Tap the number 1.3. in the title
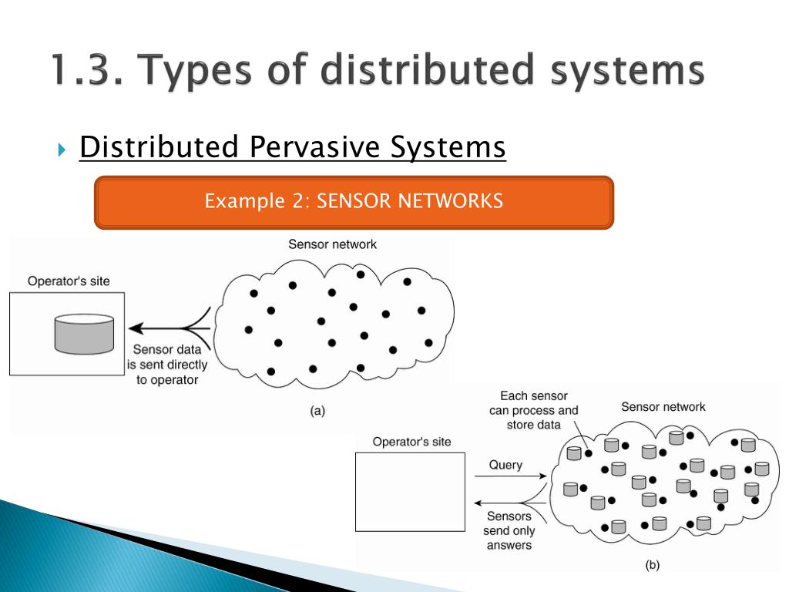(87, 70)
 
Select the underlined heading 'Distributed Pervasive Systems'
(292, 146)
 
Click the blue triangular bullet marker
(62, 149)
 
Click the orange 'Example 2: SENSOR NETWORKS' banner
(354, 202)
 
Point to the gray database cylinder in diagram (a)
(84, 334)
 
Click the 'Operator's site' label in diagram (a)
(69, 281)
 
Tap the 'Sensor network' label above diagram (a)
(332, 244)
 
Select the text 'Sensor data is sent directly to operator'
(167, 365)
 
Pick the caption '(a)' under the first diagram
(317, 411)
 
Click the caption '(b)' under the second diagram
(652, 565)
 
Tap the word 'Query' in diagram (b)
(505, 465)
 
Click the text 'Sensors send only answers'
(509, 531)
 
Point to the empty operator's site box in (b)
(410, 492)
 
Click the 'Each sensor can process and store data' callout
(533, 410)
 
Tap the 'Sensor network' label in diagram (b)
(663, 406)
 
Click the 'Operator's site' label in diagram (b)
(411, 442)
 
